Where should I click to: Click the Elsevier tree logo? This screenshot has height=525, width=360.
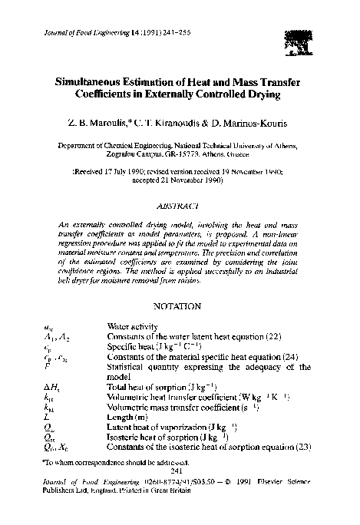click(293, 36)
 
